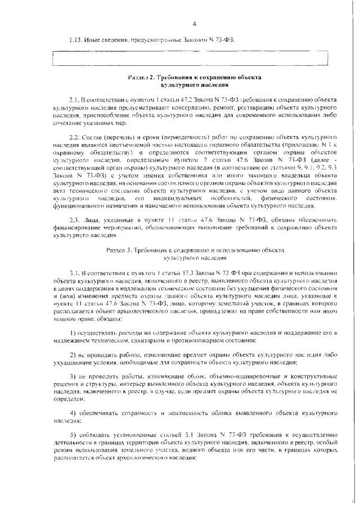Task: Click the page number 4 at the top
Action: [193, 24]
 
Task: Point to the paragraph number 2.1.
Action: [75, 98]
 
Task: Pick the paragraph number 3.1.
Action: [75, 272]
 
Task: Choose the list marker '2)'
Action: [73, 355]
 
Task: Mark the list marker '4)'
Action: [73, 412]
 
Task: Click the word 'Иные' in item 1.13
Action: [92, 40]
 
